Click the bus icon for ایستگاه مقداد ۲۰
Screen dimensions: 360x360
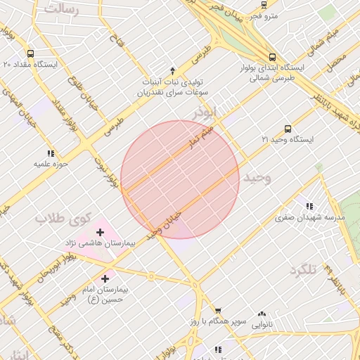click(30, 53)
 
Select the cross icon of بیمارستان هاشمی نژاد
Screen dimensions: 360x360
click(100, 231)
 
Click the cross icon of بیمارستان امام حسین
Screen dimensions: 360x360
click(106, 278)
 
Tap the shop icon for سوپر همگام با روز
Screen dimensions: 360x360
click(218, 310)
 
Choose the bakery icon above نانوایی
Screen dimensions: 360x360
click(262, 314)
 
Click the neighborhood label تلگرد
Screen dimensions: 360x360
click(309, 269)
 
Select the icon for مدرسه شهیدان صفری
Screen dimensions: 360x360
click(309, 206)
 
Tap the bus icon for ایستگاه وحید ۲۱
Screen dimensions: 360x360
click(288, 129)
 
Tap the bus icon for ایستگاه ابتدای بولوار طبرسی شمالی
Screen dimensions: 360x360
click(272, 58)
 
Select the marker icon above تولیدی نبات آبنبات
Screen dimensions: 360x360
click(172, 71)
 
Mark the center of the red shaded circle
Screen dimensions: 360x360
click(180, 179)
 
